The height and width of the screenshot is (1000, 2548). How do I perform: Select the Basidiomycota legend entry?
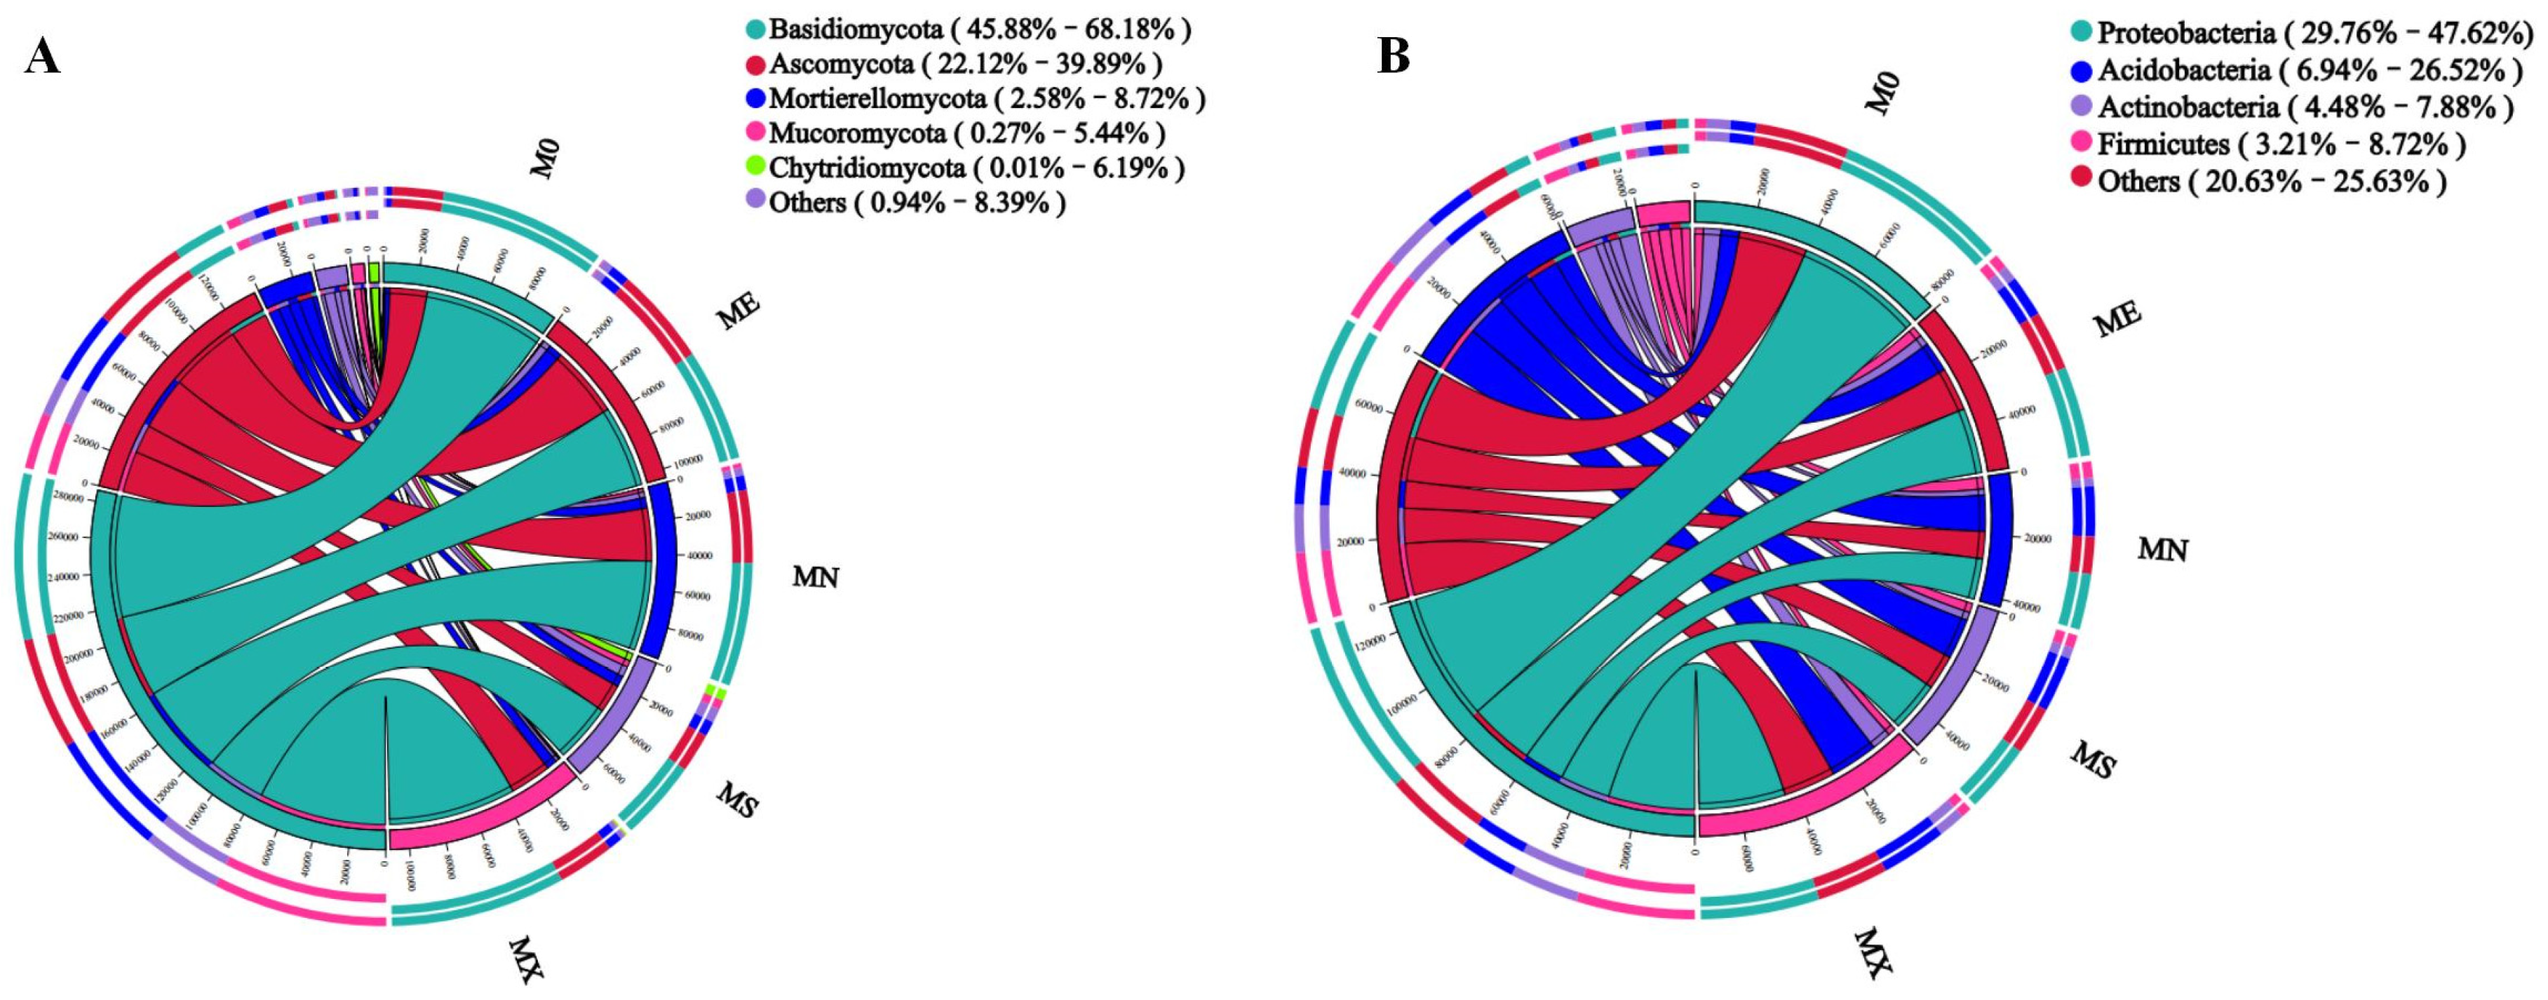point(979,29)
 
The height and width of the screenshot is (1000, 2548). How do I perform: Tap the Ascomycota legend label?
point(964,65)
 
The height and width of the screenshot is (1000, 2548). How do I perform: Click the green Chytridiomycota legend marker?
point(757,167)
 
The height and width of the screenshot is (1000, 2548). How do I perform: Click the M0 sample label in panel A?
point(546,159)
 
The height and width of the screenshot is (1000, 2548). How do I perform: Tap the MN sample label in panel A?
point(815,576)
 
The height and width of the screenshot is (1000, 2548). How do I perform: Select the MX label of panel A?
point(526,959)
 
